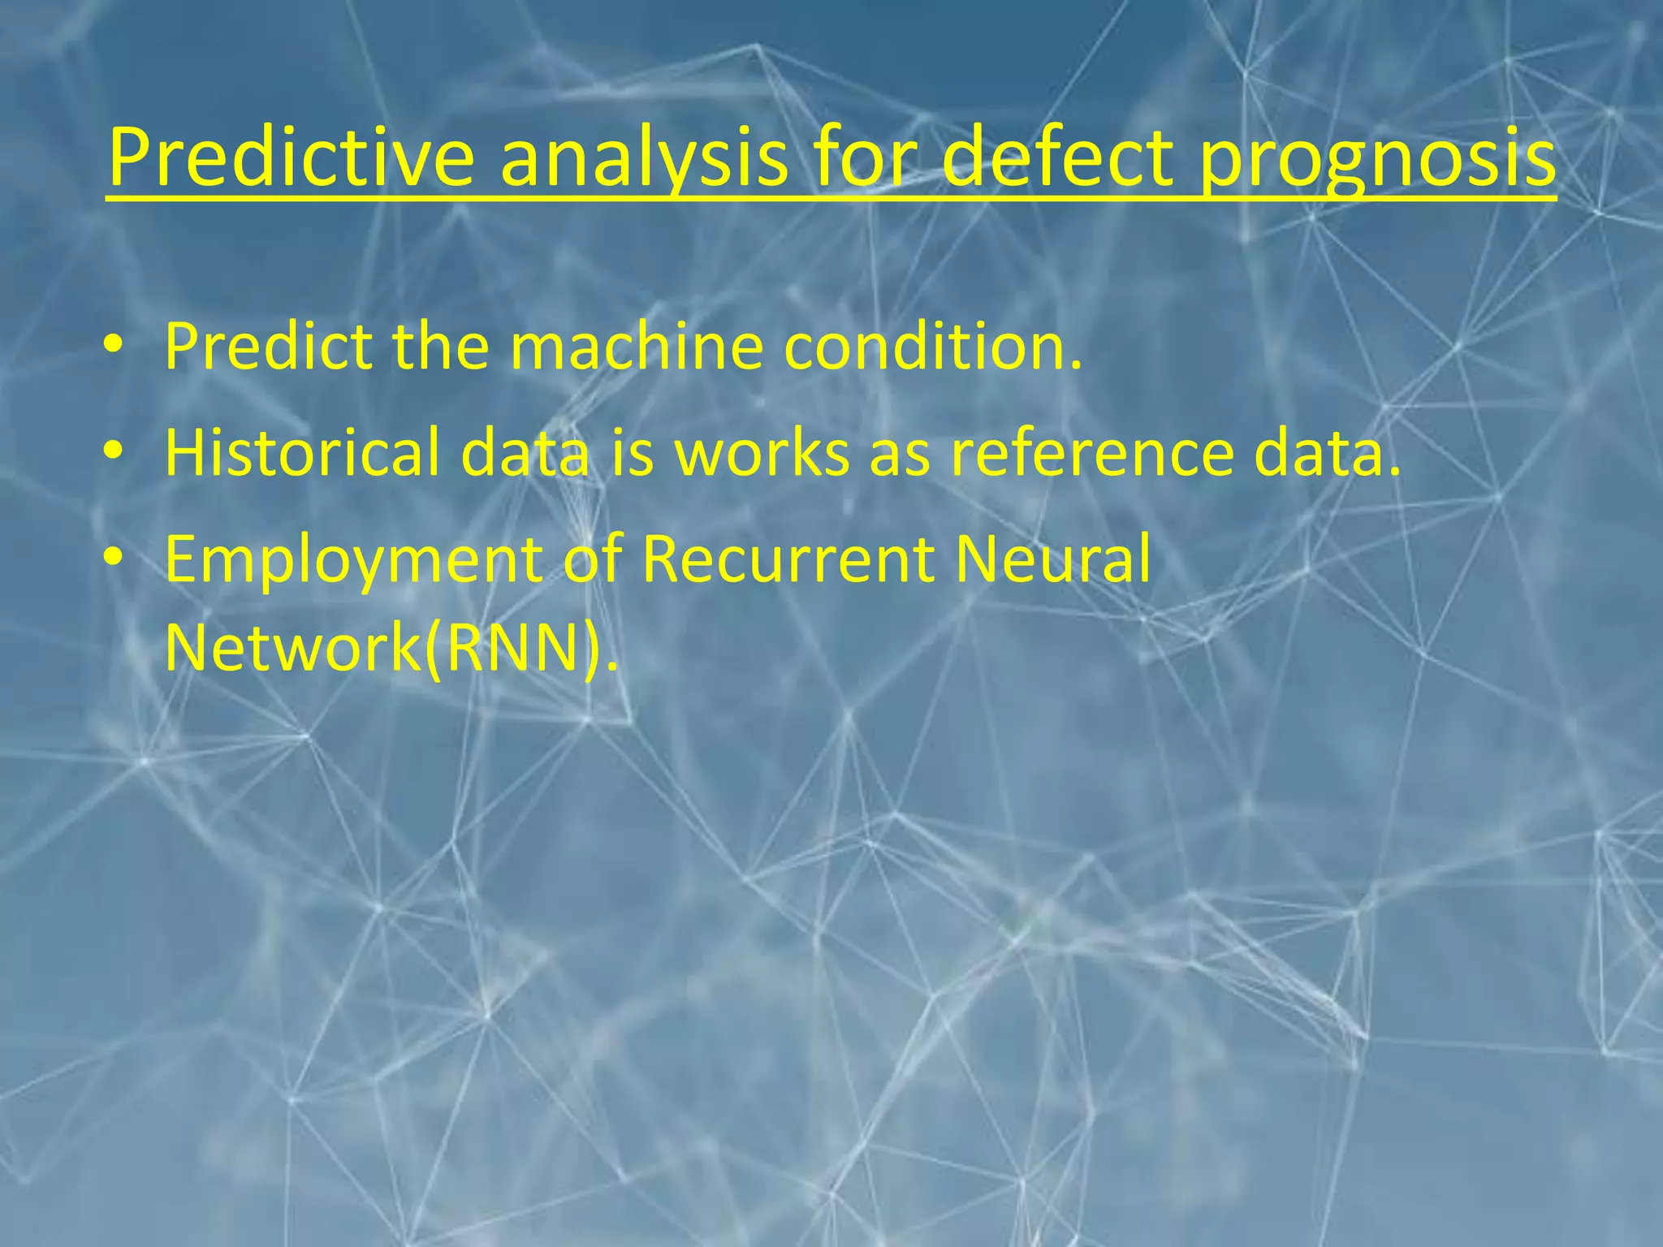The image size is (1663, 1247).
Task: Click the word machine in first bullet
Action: [637, 347]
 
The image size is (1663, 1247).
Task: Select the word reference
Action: [1092, 452]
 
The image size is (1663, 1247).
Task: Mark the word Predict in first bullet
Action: [268, 347]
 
